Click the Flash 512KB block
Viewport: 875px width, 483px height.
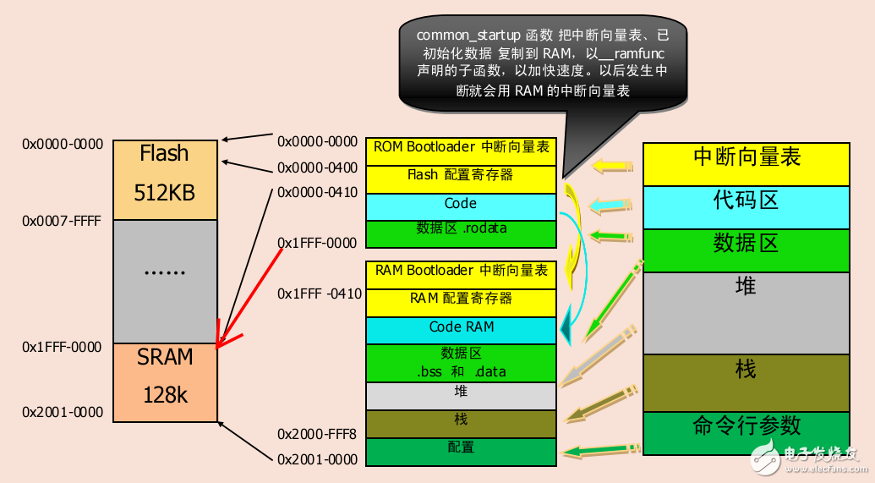pos(166,178)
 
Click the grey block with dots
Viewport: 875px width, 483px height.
pos(166,281)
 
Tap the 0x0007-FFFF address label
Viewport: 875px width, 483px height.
pos(61,221)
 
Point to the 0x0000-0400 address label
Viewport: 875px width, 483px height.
pos(318,167)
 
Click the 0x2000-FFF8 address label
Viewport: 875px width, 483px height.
pos(318,434)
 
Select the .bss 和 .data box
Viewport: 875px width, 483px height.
pos(461,363)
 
